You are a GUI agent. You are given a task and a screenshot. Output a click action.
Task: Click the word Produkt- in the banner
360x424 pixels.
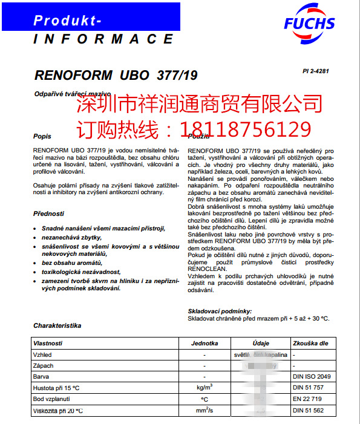(67, 21)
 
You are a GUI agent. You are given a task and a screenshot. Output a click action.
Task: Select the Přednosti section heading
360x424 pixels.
(49, 214)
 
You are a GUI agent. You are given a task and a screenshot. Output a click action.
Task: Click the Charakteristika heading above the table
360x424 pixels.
(57, 325)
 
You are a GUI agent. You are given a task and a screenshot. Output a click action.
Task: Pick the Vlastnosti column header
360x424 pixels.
(48, 343)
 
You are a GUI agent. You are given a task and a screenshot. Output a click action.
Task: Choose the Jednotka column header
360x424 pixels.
(205, 343)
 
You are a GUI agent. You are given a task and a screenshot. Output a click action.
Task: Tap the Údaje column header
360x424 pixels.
(261, 343)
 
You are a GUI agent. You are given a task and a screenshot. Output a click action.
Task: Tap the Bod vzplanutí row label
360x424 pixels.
(53, 400)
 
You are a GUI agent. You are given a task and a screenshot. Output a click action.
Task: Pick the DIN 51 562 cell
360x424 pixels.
(309, 411)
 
